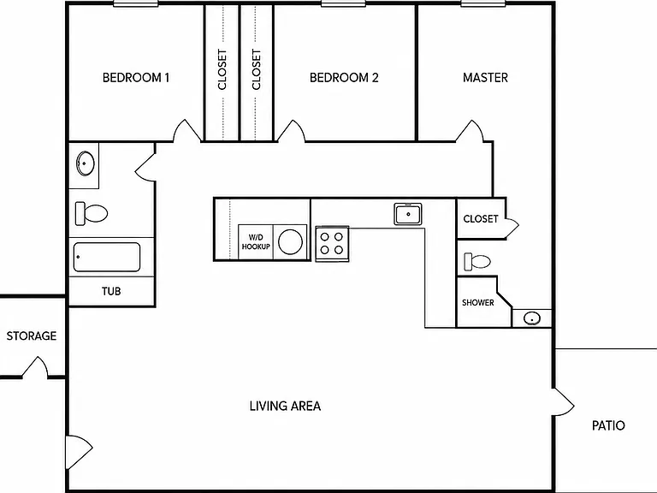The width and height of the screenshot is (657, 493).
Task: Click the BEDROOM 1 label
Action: click(136, 78)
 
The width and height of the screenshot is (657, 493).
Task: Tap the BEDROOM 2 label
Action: click(344, 78)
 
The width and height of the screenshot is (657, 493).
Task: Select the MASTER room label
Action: click(485, 78)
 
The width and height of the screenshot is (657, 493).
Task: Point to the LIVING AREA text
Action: click(286, 406)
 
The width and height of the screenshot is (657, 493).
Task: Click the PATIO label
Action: click(608, 425)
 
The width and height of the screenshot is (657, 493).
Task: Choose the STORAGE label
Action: click(32, 336)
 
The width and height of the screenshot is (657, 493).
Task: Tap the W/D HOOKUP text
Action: click(256, 242)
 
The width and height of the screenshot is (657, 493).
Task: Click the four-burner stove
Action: click(332, 244)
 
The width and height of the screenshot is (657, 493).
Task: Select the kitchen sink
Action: click(408, 214)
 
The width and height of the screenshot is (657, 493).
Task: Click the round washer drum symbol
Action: click(290, 242)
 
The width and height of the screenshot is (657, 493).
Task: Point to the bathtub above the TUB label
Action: click(107, 257)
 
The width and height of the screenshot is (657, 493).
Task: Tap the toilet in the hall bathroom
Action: click(92, 213)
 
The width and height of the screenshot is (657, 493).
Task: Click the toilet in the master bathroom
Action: click(477, 262)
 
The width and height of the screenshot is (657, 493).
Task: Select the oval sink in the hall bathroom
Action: click(85, 163)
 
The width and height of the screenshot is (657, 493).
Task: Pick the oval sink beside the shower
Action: click(532, 318)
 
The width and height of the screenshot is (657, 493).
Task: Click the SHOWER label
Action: click(477, 303)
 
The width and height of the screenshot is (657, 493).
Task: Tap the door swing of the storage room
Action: click(35, 367)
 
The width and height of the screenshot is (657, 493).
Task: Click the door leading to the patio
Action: click(564, 402)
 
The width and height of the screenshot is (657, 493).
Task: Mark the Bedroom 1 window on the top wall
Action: click(136, 3)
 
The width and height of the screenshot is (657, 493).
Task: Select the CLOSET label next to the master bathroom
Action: click(481, 219)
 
